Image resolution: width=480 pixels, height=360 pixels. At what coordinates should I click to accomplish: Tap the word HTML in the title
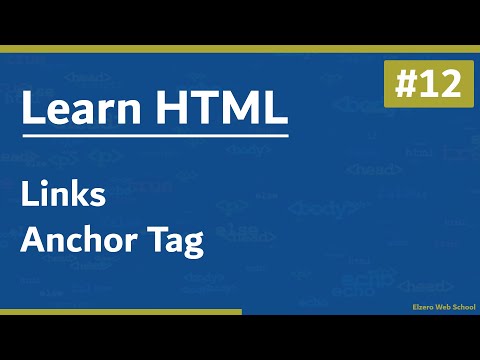(x=220, y=110)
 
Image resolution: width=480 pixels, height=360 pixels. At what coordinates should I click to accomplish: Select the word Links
(x=63, y=196)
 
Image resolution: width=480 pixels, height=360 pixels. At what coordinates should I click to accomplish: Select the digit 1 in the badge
(x=423, y=84)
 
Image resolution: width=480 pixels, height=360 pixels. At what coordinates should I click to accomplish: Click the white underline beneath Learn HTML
(x=155, y=135)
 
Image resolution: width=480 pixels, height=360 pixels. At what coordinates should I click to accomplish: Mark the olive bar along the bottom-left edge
(x=120, y=311)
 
